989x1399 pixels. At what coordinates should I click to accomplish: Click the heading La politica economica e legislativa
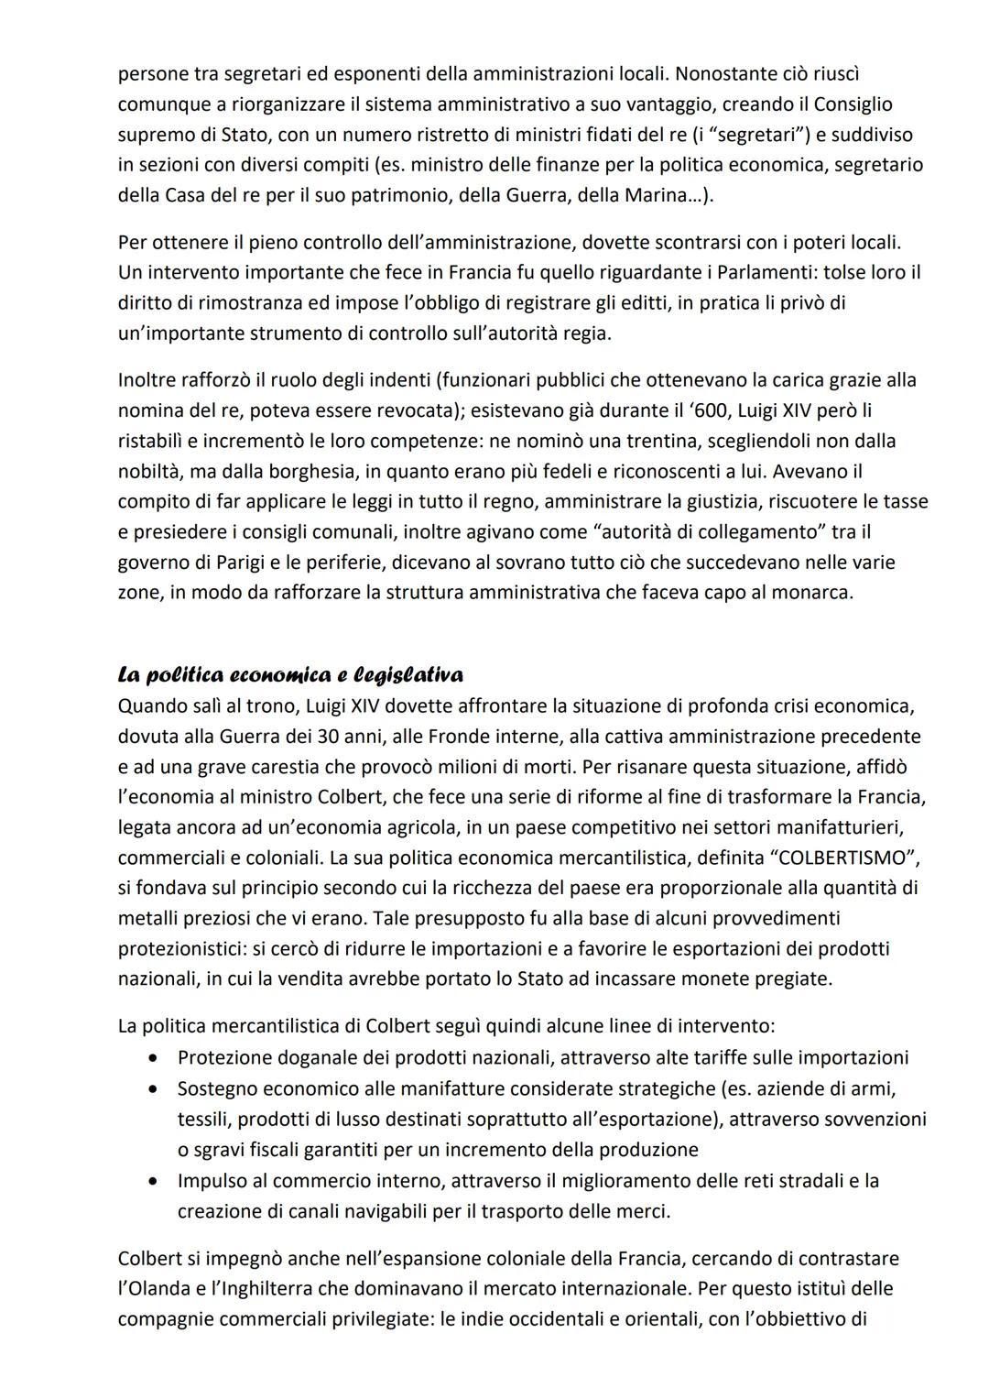pos(290,675)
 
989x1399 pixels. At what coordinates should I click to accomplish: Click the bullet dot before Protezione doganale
pos(155,1058)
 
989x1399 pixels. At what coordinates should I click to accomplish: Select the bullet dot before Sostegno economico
pos(155,1088)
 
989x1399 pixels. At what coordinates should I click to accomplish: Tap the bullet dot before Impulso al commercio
pos(155,1181)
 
